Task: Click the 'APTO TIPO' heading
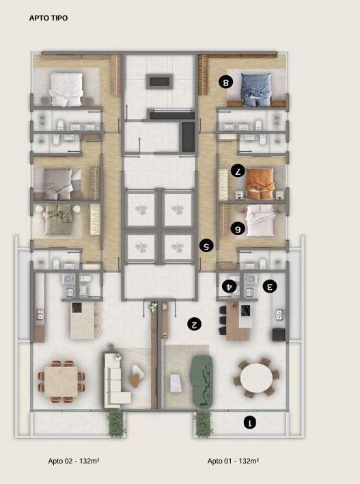coord(49,18)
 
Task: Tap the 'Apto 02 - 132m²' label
coord(74,461)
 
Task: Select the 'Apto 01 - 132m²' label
coord(233,461)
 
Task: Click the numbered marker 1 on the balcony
coord(250,422)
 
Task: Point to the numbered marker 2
coord(194,324)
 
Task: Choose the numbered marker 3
coord(270,286)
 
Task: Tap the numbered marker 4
coord(230,286)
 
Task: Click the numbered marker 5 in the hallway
coord(206,246)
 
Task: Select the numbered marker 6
coord(238,229)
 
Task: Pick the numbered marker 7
coord(238,171)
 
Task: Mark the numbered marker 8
coord(226,82)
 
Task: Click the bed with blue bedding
coord(255,90)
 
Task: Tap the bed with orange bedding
coord(260,184)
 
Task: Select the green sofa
coord(202,381)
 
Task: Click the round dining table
coord(256,378)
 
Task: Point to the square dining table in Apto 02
coord(61,381)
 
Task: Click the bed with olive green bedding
coord(58,219)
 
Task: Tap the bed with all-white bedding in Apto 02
coord(66,90)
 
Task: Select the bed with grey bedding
coord(58,184)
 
